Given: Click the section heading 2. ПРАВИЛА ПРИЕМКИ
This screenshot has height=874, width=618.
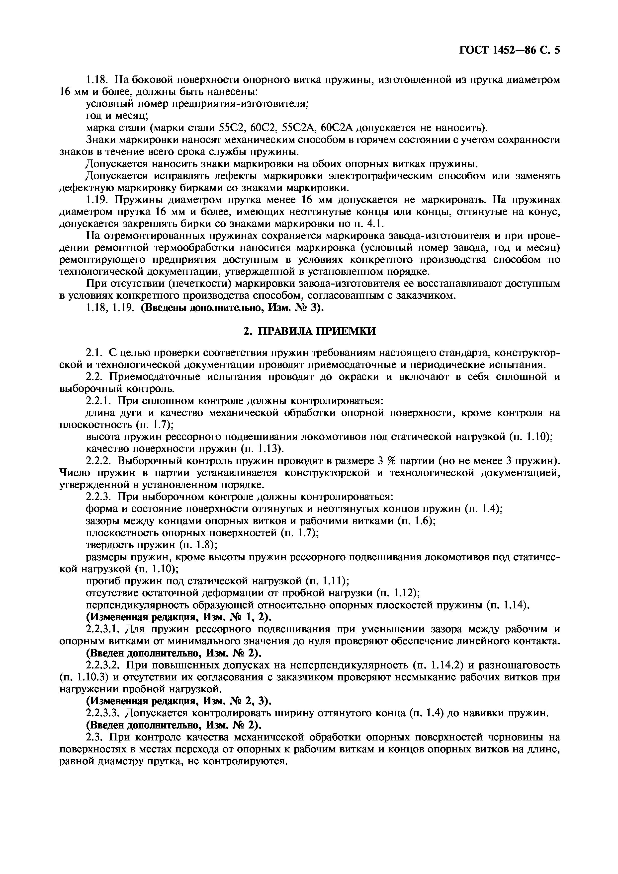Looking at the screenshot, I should (x=309, y=331).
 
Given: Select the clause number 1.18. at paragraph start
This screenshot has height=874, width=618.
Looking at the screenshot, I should (x=98, y=80).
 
